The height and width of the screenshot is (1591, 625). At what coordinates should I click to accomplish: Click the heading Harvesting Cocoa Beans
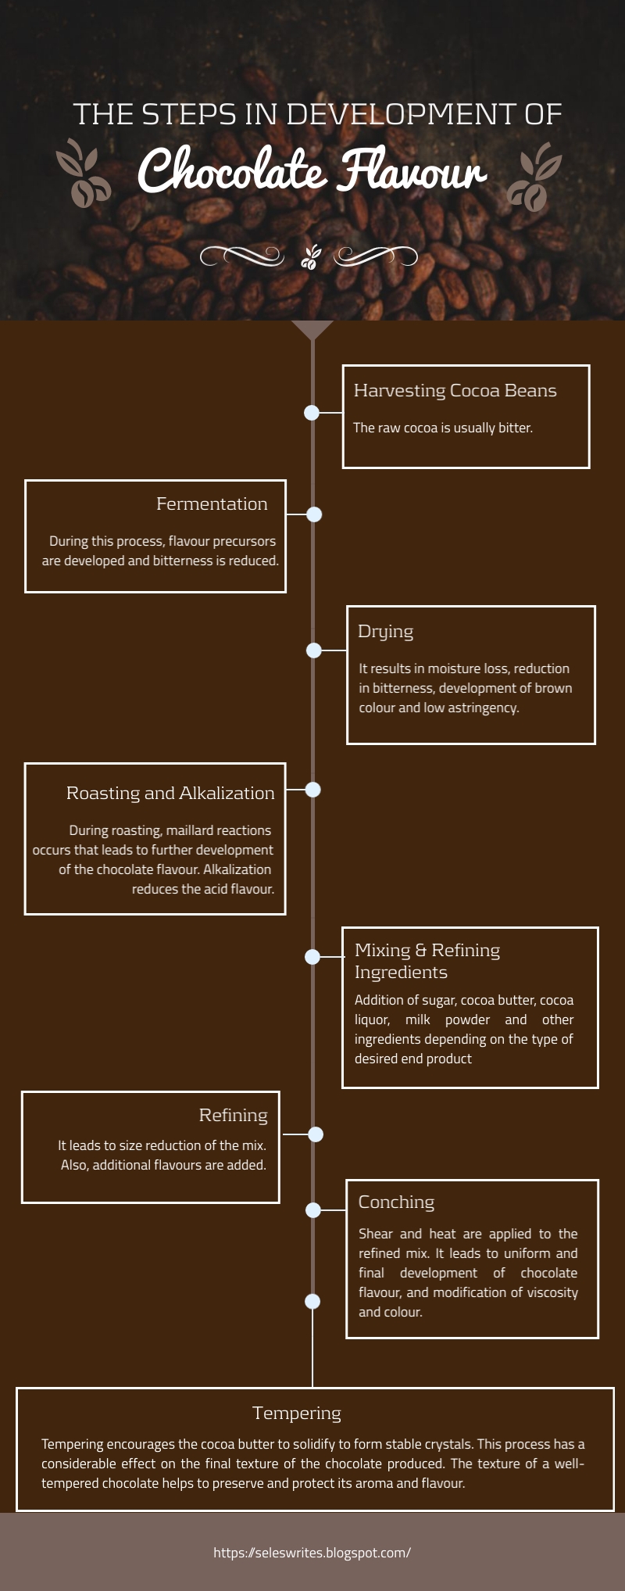[455, 390]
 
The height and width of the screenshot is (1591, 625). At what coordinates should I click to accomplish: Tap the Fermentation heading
[212, 504]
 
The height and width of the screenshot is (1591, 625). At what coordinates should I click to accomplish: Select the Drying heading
[385, 632]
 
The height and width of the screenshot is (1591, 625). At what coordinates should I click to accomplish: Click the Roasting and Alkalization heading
[170, 793]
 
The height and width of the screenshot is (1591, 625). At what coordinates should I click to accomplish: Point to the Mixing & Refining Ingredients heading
[427, 961]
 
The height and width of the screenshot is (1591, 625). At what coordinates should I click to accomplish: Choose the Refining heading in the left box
[233, 1115]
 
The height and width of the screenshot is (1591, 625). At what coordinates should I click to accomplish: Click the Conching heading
[396, 1202]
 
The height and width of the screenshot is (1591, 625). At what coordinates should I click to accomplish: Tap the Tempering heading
[297, 1413]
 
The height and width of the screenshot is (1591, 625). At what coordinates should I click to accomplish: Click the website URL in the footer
[312, 1552]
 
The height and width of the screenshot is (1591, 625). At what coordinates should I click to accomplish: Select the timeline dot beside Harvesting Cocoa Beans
[312, 412]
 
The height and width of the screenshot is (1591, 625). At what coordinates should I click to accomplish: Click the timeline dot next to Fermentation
[314, 514]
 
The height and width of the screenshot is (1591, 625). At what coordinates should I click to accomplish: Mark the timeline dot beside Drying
[314, 650]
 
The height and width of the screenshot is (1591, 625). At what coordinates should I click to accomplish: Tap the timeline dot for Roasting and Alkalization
[313, 790]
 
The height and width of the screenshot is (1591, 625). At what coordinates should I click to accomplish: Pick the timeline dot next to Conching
[313, 1210]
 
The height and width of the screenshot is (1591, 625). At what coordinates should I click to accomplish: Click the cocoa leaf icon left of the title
[83, 174]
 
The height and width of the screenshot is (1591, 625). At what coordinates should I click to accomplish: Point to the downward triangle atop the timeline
[312, 329]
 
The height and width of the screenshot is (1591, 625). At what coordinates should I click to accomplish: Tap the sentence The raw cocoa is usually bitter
[443, 428]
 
